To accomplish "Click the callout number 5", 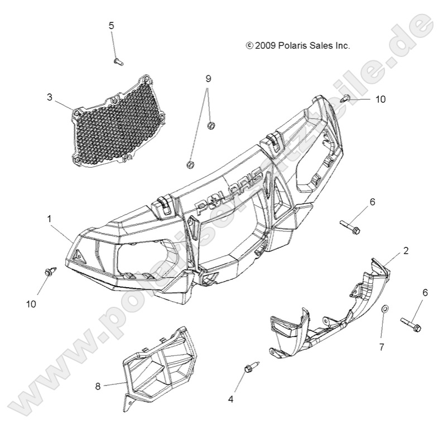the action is tap(111, 25).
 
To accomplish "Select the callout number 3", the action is tap(65, 97).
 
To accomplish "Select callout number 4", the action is tap(230, 399).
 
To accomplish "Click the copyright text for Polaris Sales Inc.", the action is tap(298, 46).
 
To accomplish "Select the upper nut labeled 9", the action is tap(211, 125).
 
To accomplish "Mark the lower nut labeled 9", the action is tap(190, 164).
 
